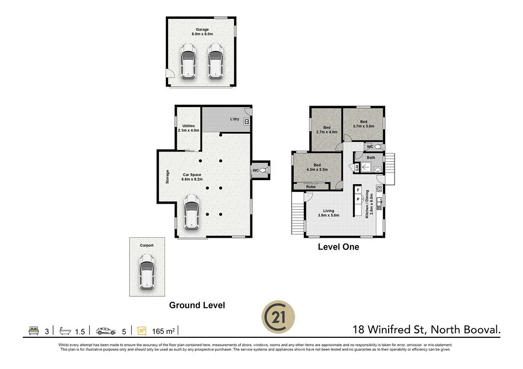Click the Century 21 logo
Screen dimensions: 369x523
pyautogui.click(x=278, y=316)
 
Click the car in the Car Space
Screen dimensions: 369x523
pyautogui.click(x=191, y=211)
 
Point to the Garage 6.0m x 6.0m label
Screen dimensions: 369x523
pyautogui.click(x=202, y=32)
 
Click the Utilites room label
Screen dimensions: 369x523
pyautogui.click(x=188, y=128)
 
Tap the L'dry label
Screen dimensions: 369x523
pyautogui.click(x=234, y=119)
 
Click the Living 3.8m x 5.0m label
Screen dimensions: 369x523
pyautogui.click(x=328, y=213)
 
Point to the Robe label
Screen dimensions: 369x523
pyautogui.click(x=311, y=187)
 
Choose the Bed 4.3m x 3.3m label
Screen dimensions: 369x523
pyautogui.click(x=317, y=167)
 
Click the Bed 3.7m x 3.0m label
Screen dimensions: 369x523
pyautogui.click(x=364, y=124)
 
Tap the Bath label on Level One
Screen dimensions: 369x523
pyautogui.click(x=371, y=158)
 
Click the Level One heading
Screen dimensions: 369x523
pyautogui.click(x=338, y=247)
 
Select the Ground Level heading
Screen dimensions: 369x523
pyautogui.click(x=197, y=305)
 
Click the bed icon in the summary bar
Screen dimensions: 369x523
pyautogui.click(x=33, y=331)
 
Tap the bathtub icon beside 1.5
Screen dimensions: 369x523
pyautogui.click(x=65, y=331)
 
